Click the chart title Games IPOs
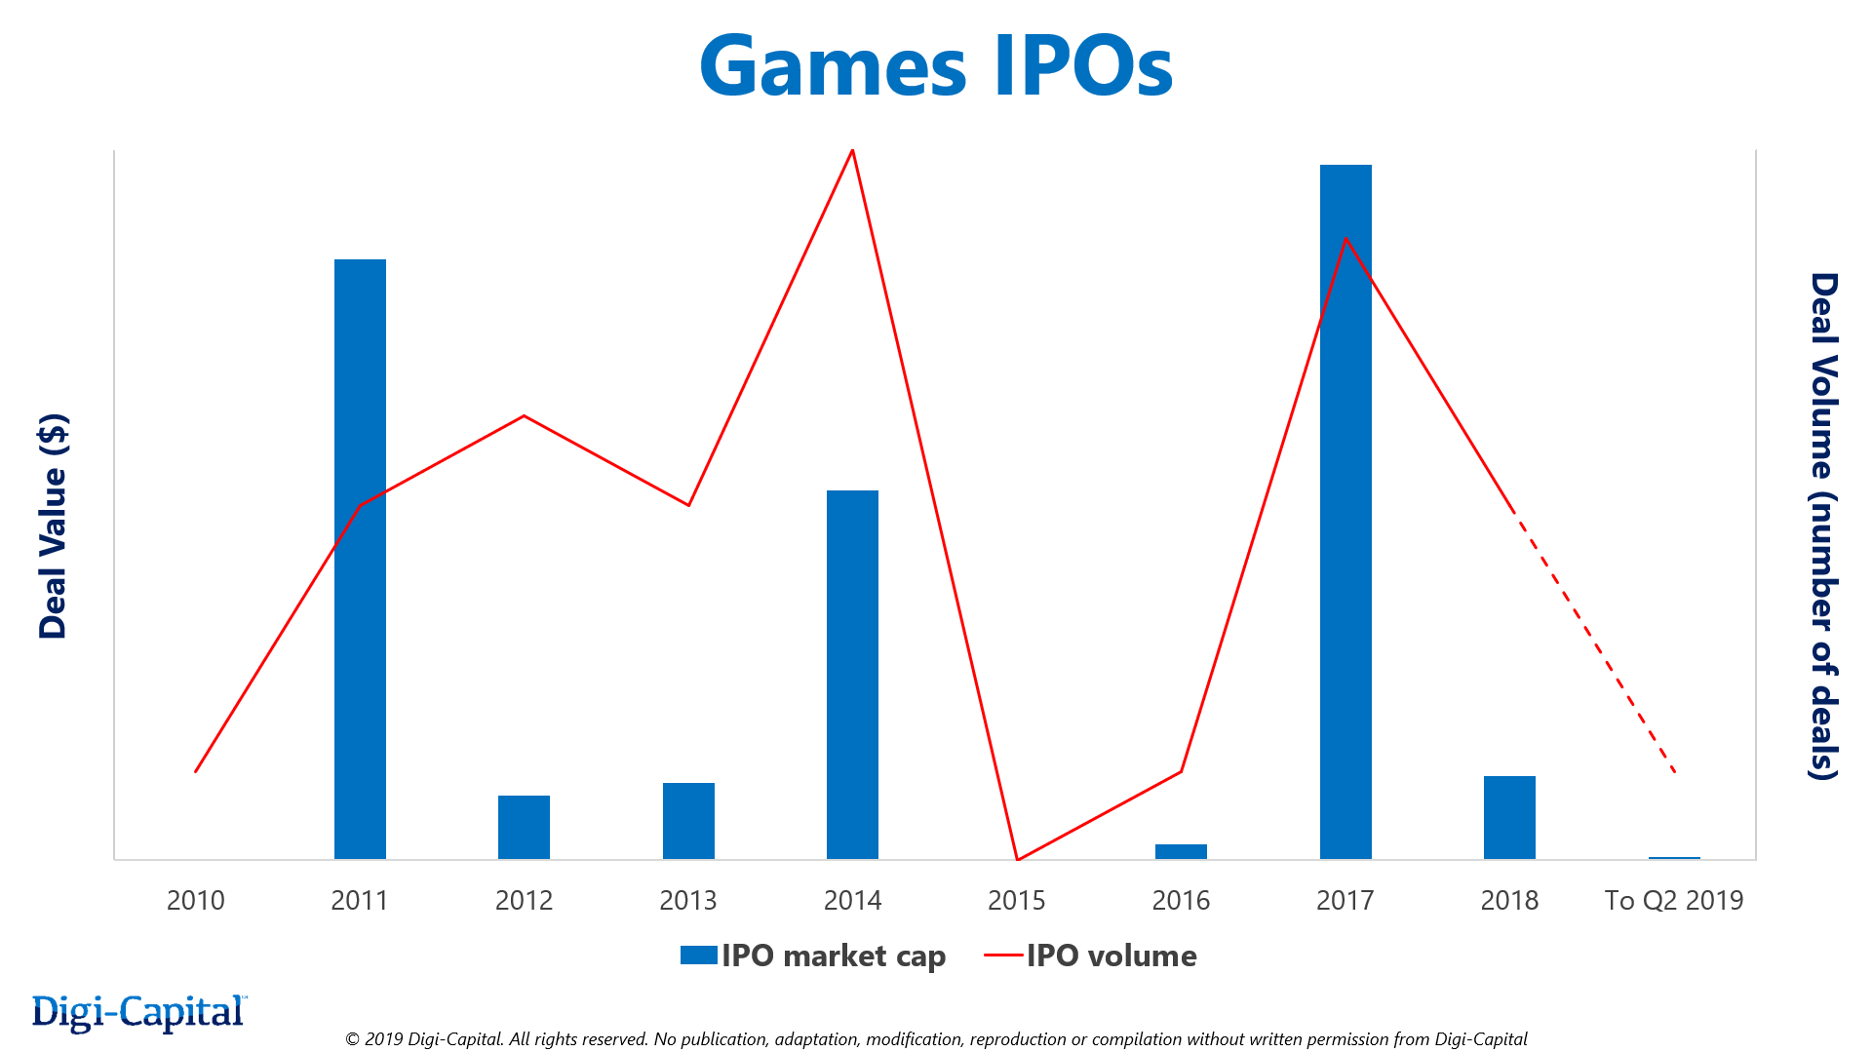[x=936, y=66]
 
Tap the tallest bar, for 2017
[x=1345, y=512]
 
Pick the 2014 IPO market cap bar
[x=852, y=675]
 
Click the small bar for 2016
[x=1181, y=851]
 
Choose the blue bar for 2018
[x=1509, y=817]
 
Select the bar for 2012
[x=524, y=827]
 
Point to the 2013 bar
[x=688, y=821]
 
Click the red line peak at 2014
[x=853, y=150]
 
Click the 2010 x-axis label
[x=195, y=900]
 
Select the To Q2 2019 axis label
[x=1674, y=900]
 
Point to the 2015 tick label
[x=1017, y=900]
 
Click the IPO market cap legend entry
[x=813, y=955]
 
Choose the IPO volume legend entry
[x=1092, y=955]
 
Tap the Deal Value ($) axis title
[x=53, y=526]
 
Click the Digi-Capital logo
[x=138, y=1013]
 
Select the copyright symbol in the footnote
[x=352, y=1039]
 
